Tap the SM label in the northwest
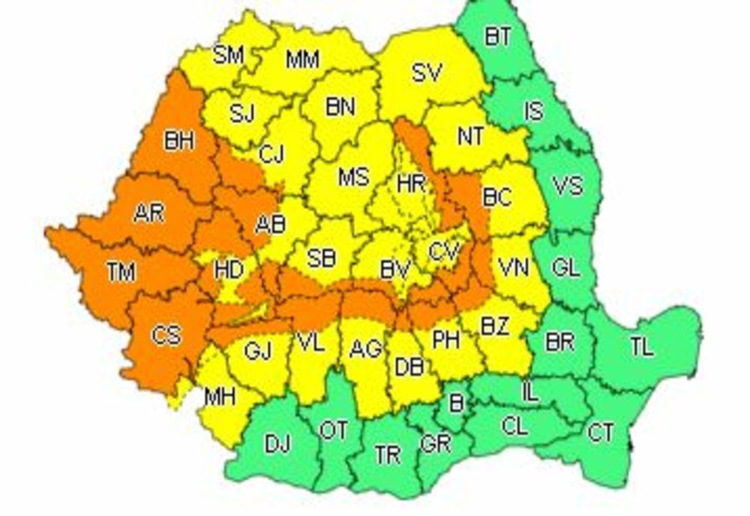pyautogui.click(x=229, y=56)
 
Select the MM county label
pyautogui.click(x=302, y=60)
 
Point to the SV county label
pyautogui.click(x=427, y=73)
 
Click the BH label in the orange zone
pyautogui.click(x=178, y=141)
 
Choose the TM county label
pyautogui.click(x=120, y=272)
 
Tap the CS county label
pyautogui.click(x=166, y=334)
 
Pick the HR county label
pyautogui.click(x=411, y=182)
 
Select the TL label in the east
pyautogui.click(x=641, y=347)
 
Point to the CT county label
pyautogui.click(x=601, y=432)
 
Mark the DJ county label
pyautogui.click(x=277, y=443)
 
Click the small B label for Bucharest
pyautogui.click(x=455, y=403)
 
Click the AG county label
pyautogui.click(x=365, y=349)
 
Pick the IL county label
pyautogui.click(x=529, y=391)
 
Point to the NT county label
pyautogui.click(x=470, y=136)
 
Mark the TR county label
pyautogui.click(x=387, y=454)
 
